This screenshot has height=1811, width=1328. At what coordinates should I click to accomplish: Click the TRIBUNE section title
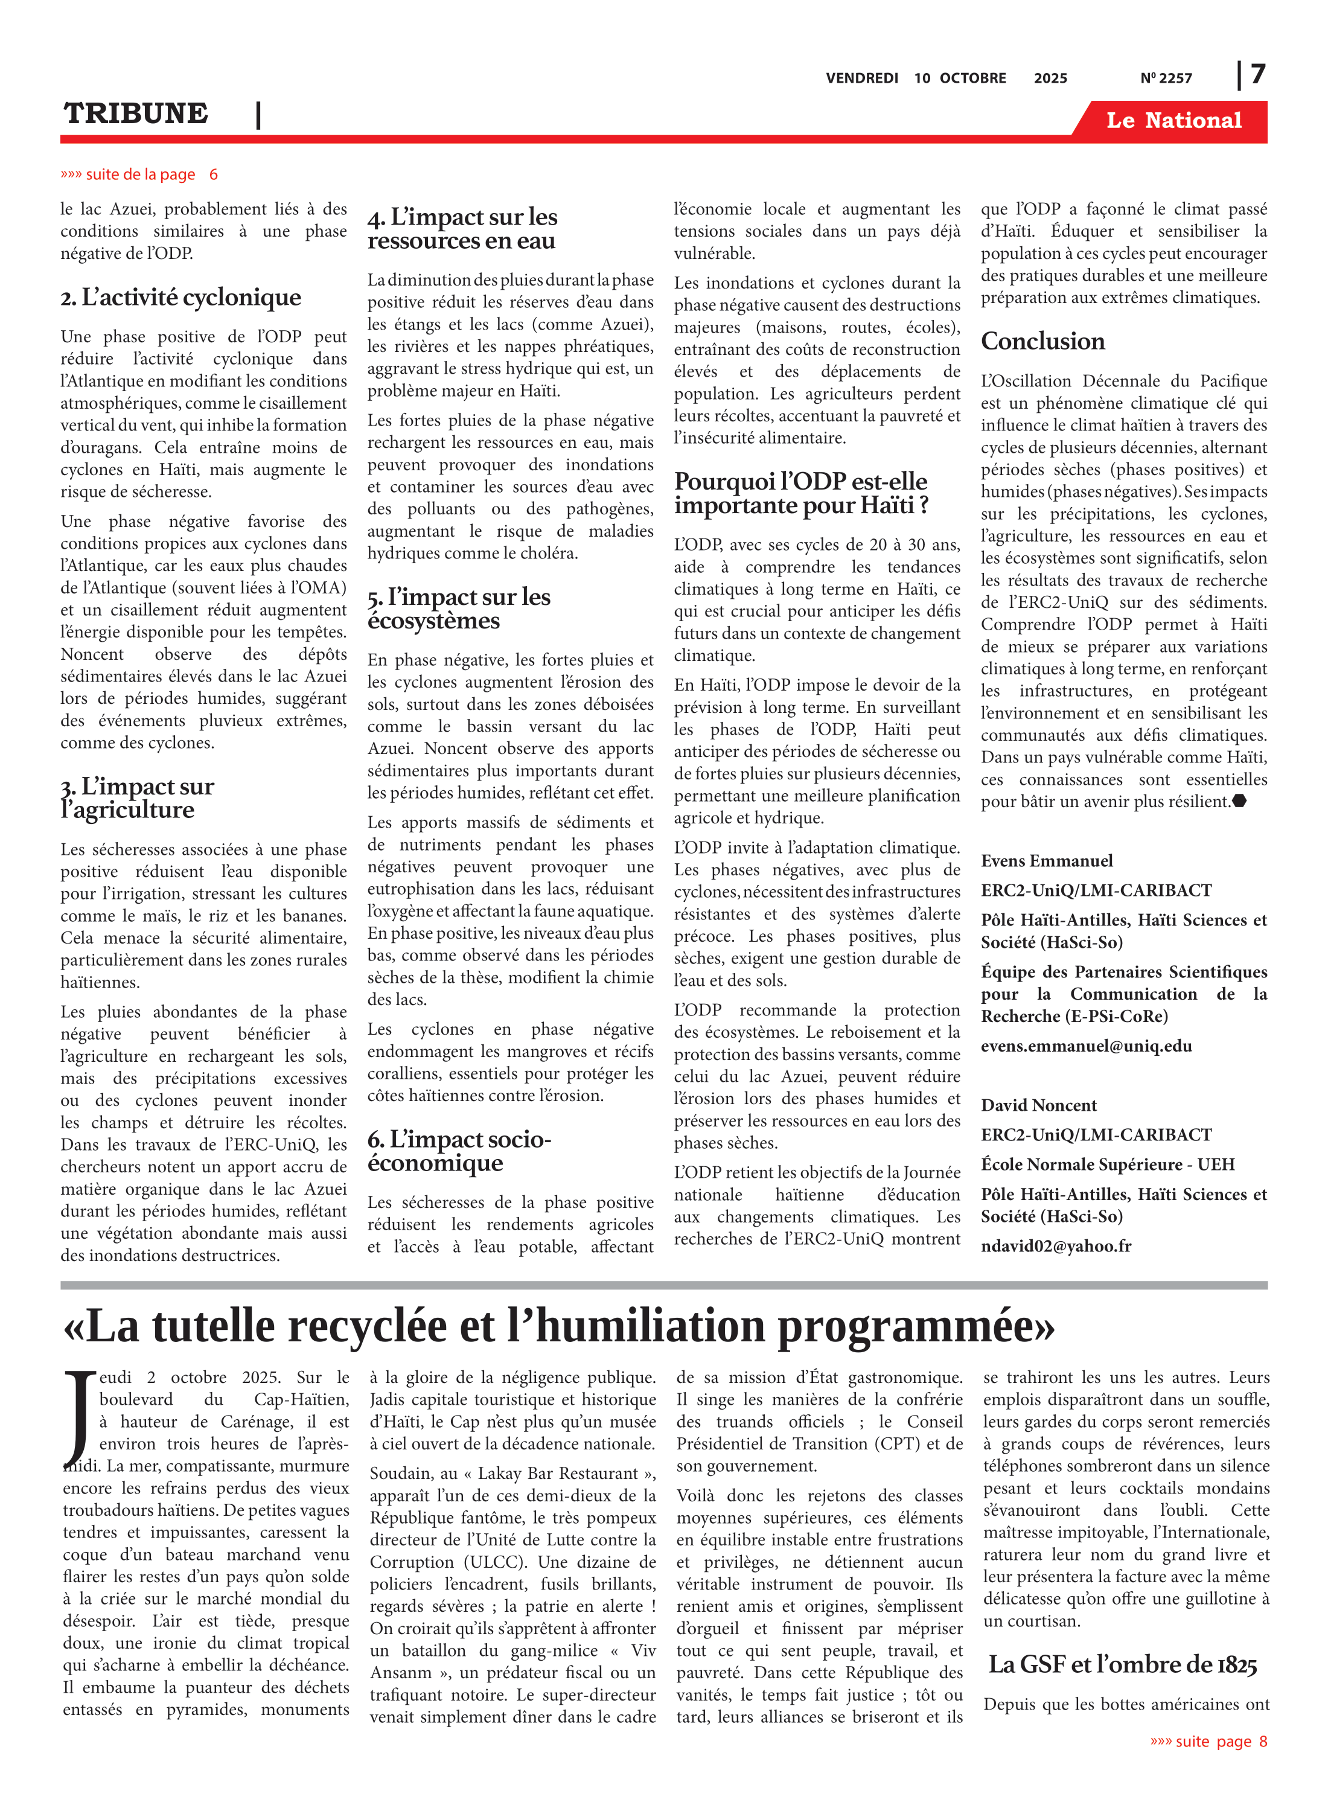tap(136, 113)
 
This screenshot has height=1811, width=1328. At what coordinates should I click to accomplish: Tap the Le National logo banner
tap(1173, 121)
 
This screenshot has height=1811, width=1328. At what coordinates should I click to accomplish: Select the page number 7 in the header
tap(1258, 74)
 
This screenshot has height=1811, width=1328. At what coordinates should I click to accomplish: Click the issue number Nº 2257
tap(1166, 78)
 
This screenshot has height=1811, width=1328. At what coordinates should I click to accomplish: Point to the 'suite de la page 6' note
tap(139, 174)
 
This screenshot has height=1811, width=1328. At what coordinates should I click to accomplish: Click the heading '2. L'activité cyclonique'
tap(181, 298)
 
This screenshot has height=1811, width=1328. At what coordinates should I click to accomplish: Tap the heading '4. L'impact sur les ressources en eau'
tap(462, 228)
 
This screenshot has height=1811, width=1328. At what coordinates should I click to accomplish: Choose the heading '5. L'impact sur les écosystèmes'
tap(459, 608)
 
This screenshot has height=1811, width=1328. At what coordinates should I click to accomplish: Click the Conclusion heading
tap(1042, 341)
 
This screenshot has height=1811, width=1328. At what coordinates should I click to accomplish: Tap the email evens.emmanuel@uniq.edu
tap(1086, 1046)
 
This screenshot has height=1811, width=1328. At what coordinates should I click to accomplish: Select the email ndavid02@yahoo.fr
tap(1056, 1246)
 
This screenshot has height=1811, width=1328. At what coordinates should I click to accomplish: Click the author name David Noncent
tap(1039, 1105)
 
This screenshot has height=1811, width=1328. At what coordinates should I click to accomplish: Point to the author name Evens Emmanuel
tap(1047, 861)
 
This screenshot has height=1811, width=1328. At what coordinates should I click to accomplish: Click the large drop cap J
tap(79, 1419)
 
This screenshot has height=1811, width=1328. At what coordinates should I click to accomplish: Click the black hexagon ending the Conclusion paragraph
tap(1240, 800)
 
